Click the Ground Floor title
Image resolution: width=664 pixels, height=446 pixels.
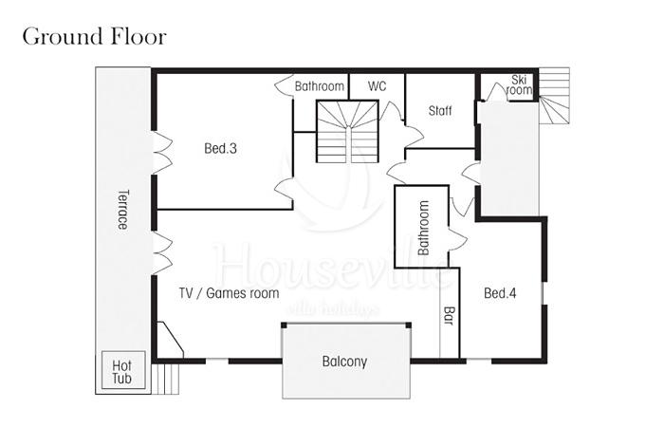pos(95,36)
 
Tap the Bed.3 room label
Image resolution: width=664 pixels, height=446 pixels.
pos(220,148)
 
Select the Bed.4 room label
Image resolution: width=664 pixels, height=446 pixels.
pos(500,293)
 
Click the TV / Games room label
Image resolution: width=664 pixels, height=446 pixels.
pos(230,293)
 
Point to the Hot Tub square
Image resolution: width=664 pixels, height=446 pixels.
pos(123,370)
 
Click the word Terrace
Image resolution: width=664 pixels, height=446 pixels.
pos(122,210)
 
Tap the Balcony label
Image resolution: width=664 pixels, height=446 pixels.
pos(344,362)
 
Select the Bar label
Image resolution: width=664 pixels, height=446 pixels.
pos(449,316)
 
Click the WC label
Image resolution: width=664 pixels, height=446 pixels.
pos(377,86)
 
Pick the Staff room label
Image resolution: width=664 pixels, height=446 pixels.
pos(440,111)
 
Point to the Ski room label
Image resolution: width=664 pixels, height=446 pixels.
pos(519,84)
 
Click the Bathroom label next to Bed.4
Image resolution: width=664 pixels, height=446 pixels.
pos(423,228)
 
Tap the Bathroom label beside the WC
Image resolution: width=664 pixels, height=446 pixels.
pos(320,86)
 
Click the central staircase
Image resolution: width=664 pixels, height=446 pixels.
pos(347,131)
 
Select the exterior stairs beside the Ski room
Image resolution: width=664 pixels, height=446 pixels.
pos(554,96)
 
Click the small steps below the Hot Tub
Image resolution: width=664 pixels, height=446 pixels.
pos(166,379)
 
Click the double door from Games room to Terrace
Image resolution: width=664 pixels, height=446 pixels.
pos(162,252)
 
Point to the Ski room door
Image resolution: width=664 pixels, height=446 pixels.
pos(494,91)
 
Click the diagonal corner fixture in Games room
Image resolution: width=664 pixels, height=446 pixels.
pos(170,340)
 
